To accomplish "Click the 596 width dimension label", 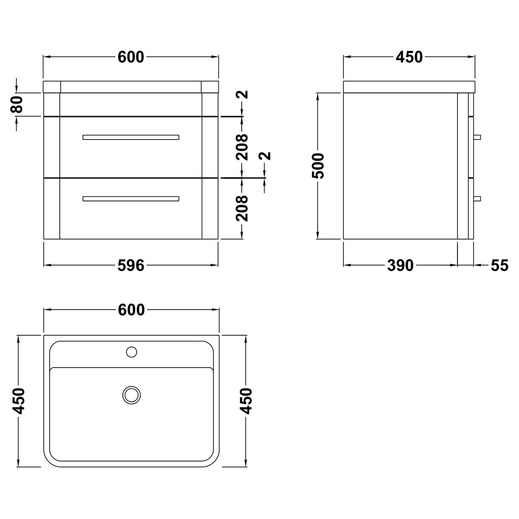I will (x=131, y=265).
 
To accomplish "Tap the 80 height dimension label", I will (x=17, y=105).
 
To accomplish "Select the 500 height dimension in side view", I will (x=319, y=166).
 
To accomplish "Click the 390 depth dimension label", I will (x=400, y=265).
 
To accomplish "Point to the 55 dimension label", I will (x=499, y=265).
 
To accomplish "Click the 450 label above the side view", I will (x=409, y=57).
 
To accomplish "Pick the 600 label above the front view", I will (x=131, y=57).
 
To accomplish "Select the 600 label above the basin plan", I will (x=131, y=310).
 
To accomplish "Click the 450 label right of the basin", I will (x=246, y=401).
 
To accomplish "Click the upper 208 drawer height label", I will (x=242, y=147).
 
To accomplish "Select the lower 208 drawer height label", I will (x=242, y=208).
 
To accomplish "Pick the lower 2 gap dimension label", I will (x=266, y=156).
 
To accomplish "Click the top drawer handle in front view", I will (x=131, y=137).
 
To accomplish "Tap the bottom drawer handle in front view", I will (x=131, y=198).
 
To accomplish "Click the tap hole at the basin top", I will (x=131, y=352).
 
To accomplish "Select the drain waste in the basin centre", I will (x=131, y=394).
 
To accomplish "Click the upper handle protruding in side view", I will (x=477, y=137).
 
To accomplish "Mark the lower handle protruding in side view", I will (x=477, y=198).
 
